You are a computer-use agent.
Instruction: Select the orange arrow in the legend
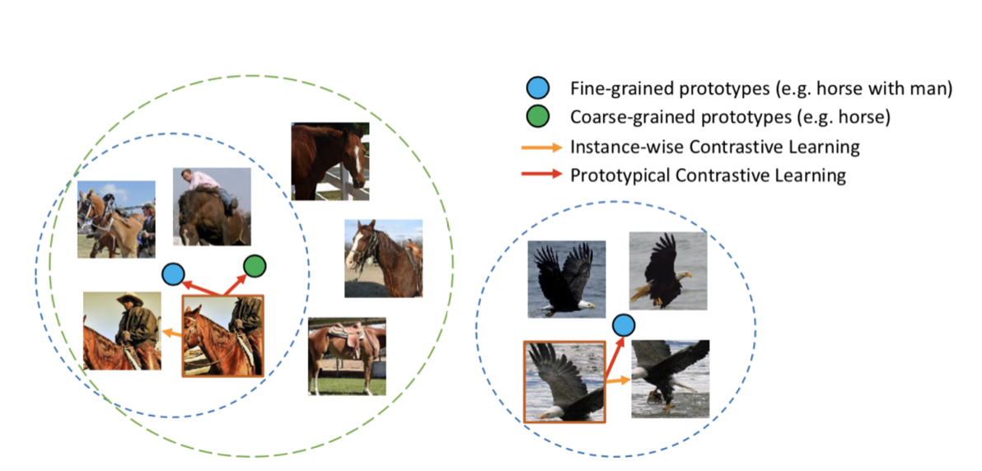(540, 147)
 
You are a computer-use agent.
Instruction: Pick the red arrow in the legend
(540, 175)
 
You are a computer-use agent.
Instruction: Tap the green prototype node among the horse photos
(255, 265)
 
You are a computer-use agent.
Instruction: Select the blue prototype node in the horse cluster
(173, 273)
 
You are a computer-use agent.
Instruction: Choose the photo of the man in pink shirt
(212, 206)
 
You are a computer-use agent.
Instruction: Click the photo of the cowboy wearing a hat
(121, 331)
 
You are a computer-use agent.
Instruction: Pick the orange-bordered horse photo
(223, 336)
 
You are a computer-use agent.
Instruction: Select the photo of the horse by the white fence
(330, 161)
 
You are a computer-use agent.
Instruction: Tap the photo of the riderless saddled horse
(346, 357)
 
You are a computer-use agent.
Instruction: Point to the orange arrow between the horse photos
(171, 333)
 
